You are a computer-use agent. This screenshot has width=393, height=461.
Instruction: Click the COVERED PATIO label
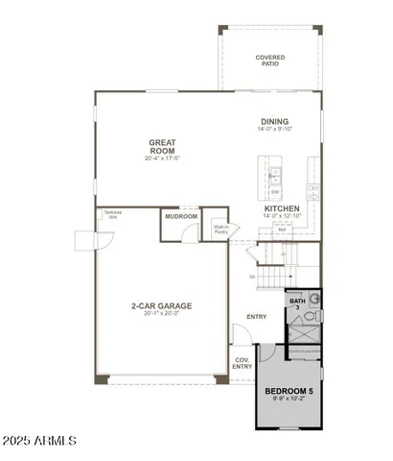269,61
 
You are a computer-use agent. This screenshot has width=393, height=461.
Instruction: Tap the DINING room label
274,122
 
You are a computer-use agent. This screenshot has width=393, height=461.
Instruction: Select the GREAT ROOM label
161,147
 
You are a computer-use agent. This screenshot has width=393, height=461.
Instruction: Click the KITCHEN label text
283,208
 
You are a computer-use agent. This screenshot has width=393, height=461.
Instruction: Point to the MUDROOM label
181,217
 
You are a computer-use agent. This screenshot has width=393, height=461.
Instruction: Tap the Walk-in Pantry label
220,229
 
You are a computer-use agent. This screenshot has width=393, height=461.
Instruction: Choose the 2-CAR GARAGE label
161,305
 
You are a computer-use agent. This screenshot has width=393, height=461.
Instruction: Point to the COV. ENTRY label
243,364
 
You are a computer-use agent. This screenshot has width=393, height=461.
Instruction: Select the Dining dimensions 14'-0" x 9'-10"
274,131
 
